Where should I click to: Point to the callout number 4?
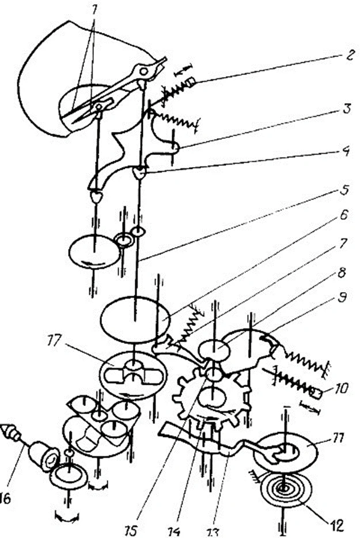(x=346, y=153)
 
